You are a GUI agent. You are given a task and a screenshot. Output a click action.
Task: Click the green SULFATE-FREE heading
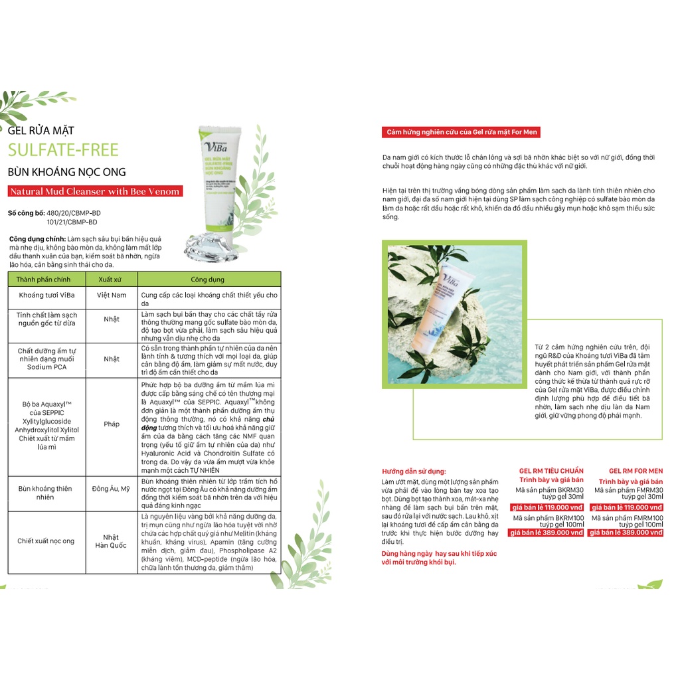pyautogui.click(x=63, y=149)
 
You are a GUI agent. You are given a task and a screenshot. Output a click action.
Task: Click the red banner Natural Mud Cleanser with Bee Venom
pyautogui.click(x=95, y=192)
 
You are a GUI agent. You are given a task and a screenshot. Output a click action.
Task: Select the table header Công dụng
pyautogui.click(x=208, y=280)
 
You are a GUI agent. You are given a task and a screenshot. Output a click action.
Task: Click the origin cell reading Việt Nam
pyautogui.click(x=111, y=295)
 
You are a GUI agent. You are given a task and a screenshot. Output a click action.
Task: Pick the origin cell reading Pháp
pyautogui.click(x=111, y=424)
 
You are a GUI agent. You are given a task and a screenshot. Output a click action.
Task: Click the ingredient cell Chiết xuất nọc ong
pyautogui.click(x=46, y=541)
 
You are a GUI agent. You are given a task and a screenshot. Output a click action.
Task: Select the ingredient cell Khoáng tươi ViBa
pyautogui.click(x=46, y=295)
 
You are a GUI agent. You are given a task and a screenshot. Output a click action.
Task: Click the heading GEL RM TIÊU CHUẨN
pyautogui.click(x=551, y=471)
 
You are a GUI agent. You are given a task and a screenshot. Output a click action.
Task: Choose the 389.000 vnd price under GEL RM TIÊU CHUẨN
pyautogui.click(x=546, y=533)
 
